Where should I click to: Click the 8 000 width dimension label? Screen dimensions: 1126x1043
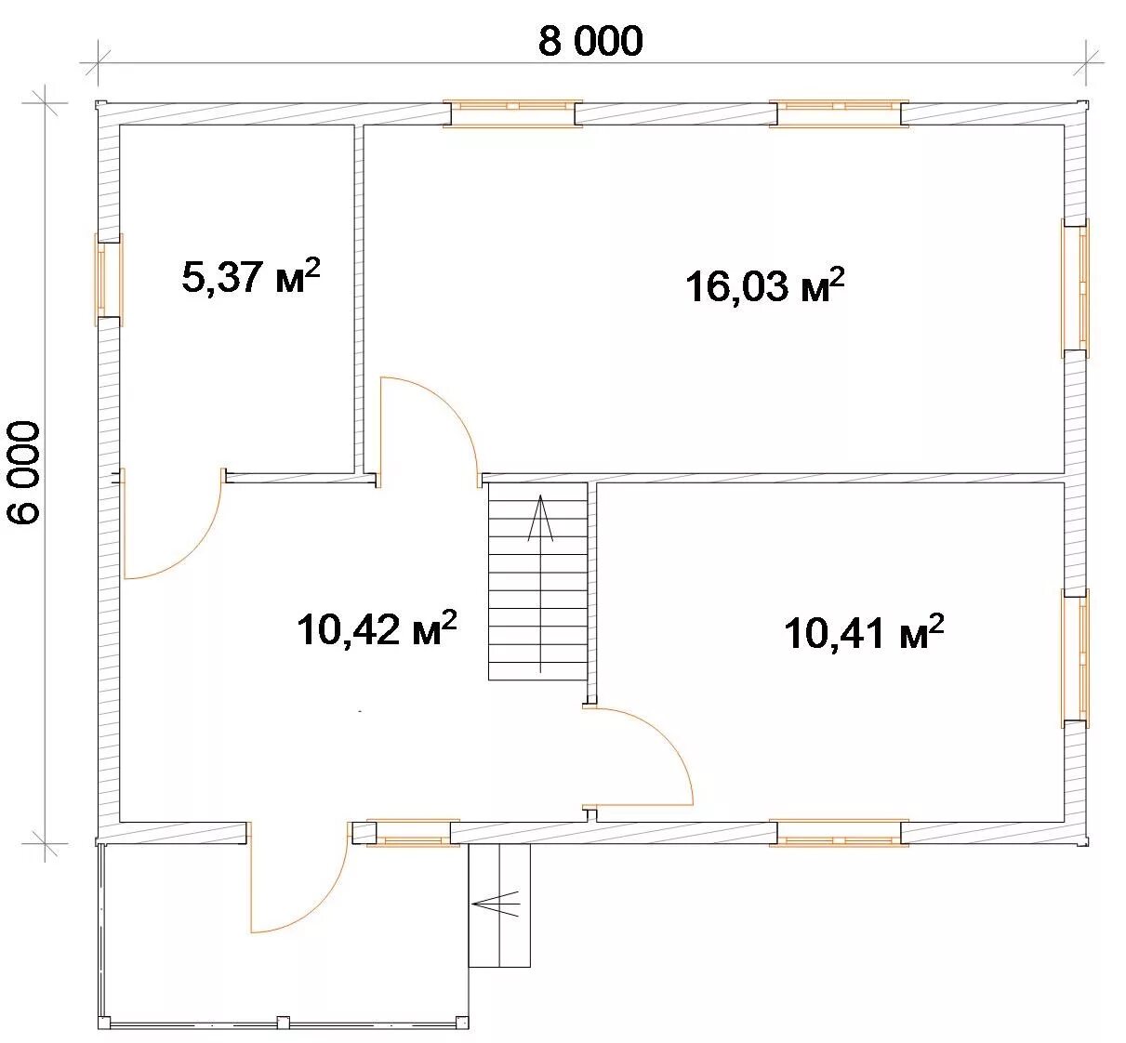[x=590, y=42]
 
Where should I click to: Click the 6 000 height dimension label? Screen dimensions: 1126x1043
[x=24, y=472]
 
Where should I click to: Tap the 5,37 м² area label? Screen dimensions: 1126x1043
[x=251, y=276]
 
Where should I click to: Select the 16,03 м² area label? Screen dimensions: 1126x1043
[x=765, y=285]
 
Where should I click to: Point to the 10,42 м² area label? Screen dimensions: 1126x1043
[x=377, y=628]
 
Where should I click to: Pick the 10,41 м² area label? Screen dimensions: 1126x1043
[x=864, y=631]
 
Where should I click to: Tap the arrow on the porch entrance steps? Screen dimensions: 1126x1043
[x=495, y=904]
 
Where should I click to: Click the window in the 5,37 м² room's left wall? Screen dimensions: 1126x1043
[x=108, y=280]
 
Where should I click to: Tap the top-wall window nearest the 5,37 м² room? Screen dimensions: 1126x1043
[x=512, y=113]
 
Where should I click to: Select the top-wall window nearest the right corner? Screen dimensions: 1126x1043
[x=839, y=113]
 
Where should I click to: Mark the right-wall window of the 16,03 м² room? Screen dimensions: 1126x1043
[x=1076, y=288]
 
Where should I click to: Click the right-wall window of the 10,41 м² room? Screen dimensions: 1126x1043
[x=1076, y=658]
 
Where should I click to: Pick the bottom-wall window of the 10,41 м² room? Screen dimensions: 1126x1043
[x=839, y=833]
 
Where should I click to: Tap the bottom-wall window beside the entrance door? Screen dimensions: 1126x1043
[x=413, y=833]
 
